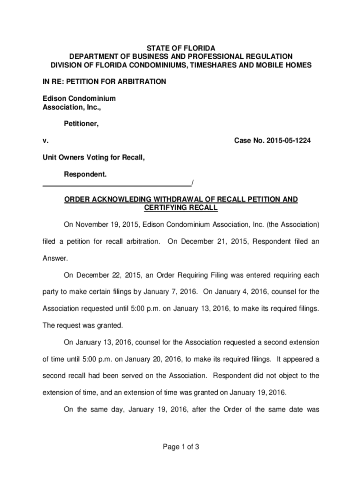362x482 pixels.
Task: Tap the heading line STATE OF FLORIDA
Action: (181, 48)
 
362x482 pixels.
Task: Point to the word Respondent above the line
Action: (85, 175)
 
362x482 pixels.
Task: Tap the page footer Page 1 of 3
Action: (181, 447)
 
